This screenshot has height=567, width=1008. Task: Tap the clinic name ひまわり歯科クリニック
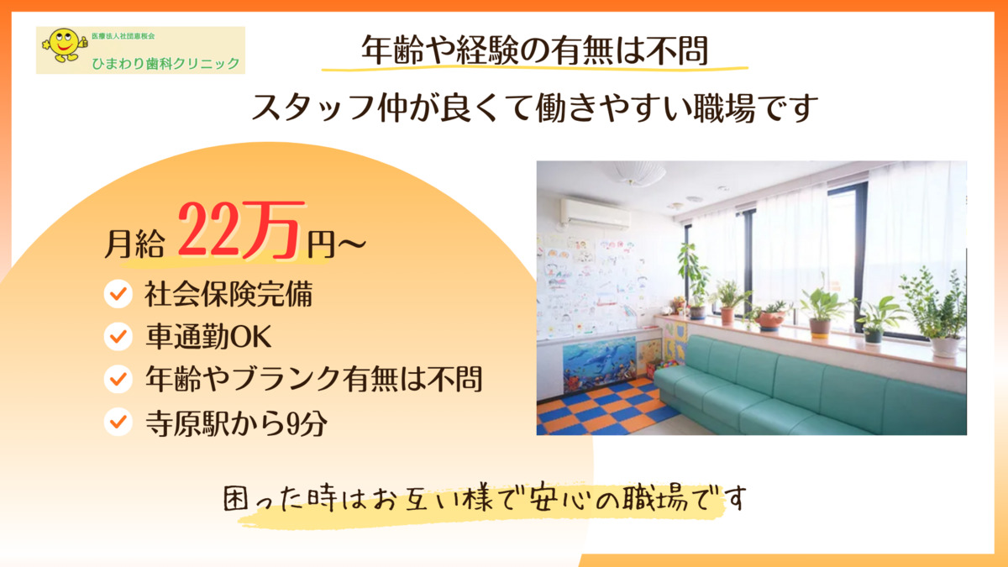coord(165,64)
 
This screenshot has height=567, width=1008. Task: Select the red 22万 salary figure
coord(240,230)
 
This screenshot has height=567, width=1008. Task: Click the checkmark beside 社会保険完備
coord(118,294)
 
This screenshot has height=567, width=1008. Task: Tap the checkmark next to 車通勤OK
coord(118,336)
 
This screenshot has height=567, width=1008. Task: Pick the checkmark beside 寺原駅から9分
coord(118,422)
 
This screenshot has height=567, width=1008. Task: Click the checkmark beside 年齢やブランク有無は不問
coord(118,379)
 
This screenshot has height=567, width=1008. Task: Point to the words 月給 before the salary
coord(134,244)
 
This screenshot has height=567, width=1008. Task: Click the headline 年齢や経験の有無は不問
coord(535,50)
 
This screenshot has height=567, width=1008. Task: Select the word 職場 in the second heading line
coord(724,108)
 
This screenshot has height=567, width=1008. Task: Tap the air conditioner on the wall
coord(595,215)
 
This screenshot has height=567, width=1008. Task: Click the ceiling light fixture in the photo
coord(639,172)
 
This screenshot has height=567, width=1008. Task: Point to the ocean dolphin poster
coord(600,365)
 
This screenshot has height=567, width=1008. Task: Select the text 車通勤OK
coord(208,337)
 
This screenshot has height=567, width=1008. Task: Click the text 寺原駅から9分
coord(236,423)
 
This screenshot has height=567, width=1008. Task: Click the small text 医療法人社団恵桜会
coord(123,36)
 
